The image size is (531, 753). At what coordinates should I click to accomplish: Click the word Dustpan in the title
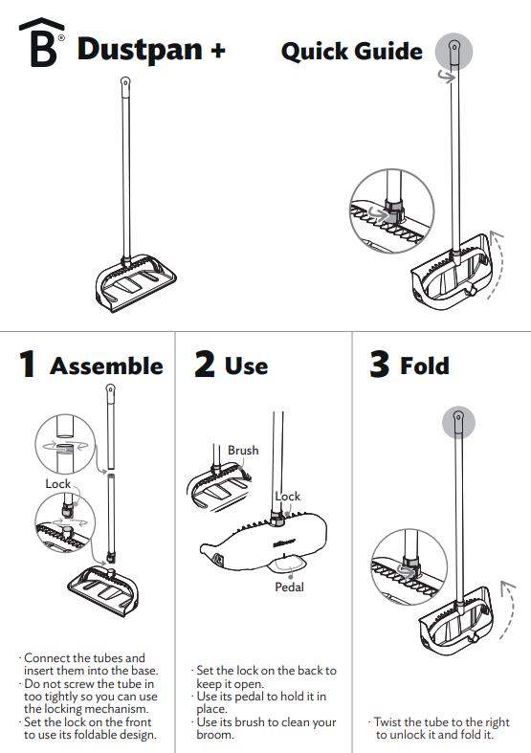coord(141,49)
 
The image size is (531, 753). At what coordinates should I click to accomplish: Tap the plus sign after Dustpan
coord(217,50)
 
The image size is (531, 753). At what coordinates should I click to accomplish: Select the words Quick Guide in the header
coord(351,51)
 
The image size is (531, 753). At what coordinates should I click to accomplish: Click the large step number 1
coord(28,365)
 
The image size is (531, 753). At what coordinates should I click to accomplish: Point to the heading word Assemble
coord(106,365)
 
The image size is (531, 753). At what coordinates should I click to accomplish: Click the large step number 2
coord(205,365)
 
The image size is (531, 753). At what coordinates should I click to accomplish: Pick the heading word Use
coord(246,365)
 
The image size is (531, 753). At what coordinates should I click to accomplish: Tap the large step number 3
coord(380,365)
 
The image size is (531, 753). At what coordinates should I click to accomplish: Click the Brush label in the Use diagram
coord(243,450)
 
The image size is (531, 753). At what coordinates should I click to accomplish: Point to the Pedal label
coord(289,587)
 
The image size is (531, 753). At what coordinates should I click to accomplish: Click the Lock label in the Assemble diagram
coord(58,484)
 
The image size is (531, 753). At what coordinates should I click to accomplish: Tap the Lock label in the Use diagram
coord(288,496)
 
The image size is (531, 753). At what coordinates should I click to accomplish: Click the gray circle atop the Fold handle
coord(457,422)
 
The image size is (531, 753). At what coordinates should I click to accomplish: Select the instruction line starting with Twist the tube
coord(440,722)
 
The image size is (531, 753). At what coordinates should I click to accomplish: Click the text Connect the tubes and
coord(83,658)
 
